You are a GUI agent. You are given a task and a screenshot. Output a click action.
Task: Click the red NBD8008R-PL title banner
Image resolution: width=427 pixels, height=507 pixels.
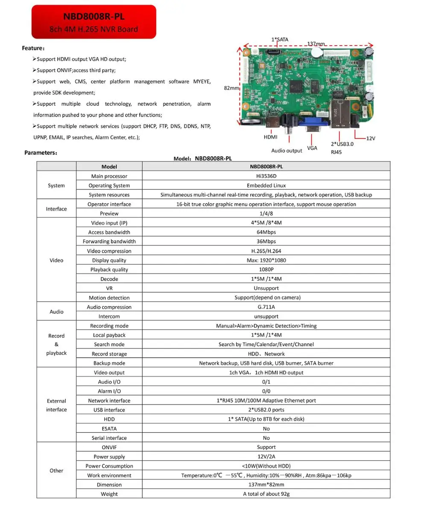tap(94, 22)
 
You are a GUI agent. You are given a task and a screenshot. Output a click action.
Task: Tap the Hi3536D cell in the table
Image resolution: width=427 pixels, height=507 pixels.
tap(266, 176)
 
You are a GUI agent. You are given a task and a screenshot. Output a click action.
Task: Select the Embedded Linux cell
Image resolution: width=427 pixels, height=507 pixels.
tap(266, 185)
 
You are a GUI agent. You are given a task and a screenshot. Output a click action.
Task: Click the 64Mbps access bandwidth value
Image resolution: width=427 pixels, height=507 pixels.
tap(266, 232)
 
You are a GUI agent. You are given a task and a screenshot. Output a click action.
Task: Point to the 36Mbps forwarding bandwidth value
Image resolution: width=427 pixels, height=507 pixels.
tap(266, 242)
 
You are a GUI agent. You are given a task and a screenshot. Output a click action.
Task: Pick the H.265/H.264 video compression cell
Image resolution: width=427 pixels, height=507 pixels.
tap(266, 251)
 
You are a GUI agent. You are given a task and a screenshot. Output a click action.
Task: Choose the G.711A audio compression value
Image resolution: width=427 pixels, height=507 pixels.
tap(266, 307)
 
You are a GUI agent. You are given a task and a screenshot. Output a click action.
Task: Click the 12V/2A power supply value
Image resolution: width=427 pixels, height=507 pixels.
tap(266, 457)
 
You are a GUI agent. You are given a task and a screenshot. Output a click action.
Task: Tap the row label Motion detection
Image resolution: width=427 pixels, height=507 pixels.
tap(109, 297)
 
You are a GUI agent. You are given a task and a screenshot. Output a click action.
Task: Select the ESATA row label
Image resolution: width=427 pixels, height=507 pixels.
tap(109, 428)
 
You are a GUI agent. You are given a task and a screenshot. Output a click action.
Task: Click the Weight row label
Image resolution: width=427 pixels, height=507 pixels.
tap(109, 494)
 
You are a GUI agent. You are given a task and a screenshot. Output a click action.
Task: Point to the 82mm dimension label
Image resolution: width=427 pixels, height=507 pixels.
tap(231, 88)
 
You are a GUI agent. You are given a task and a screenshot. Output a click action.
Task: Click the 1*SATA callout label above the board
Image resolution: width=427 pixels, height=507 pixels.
tap(280, 39)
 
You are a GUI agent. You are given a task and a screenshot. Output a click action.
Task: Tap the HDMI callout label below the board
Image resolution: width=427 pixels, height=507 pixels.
tap(270, 137)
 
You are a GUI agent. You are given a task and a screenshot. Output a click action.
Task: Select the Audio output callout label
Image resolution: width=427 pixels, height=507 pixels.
tap(287, 151)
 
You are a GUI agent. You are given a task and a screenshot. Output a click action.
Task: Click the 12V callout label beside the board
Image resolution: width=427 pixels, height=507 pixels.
tap(371, 138)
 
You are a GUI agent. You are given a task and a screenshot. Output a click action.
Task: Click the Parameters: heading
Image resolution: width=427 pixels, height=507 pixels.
tap(41, 152)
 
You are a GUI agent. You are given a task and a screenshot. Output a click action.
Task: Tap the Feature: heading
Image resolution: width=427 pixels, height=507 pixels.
tap(33, 48)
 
